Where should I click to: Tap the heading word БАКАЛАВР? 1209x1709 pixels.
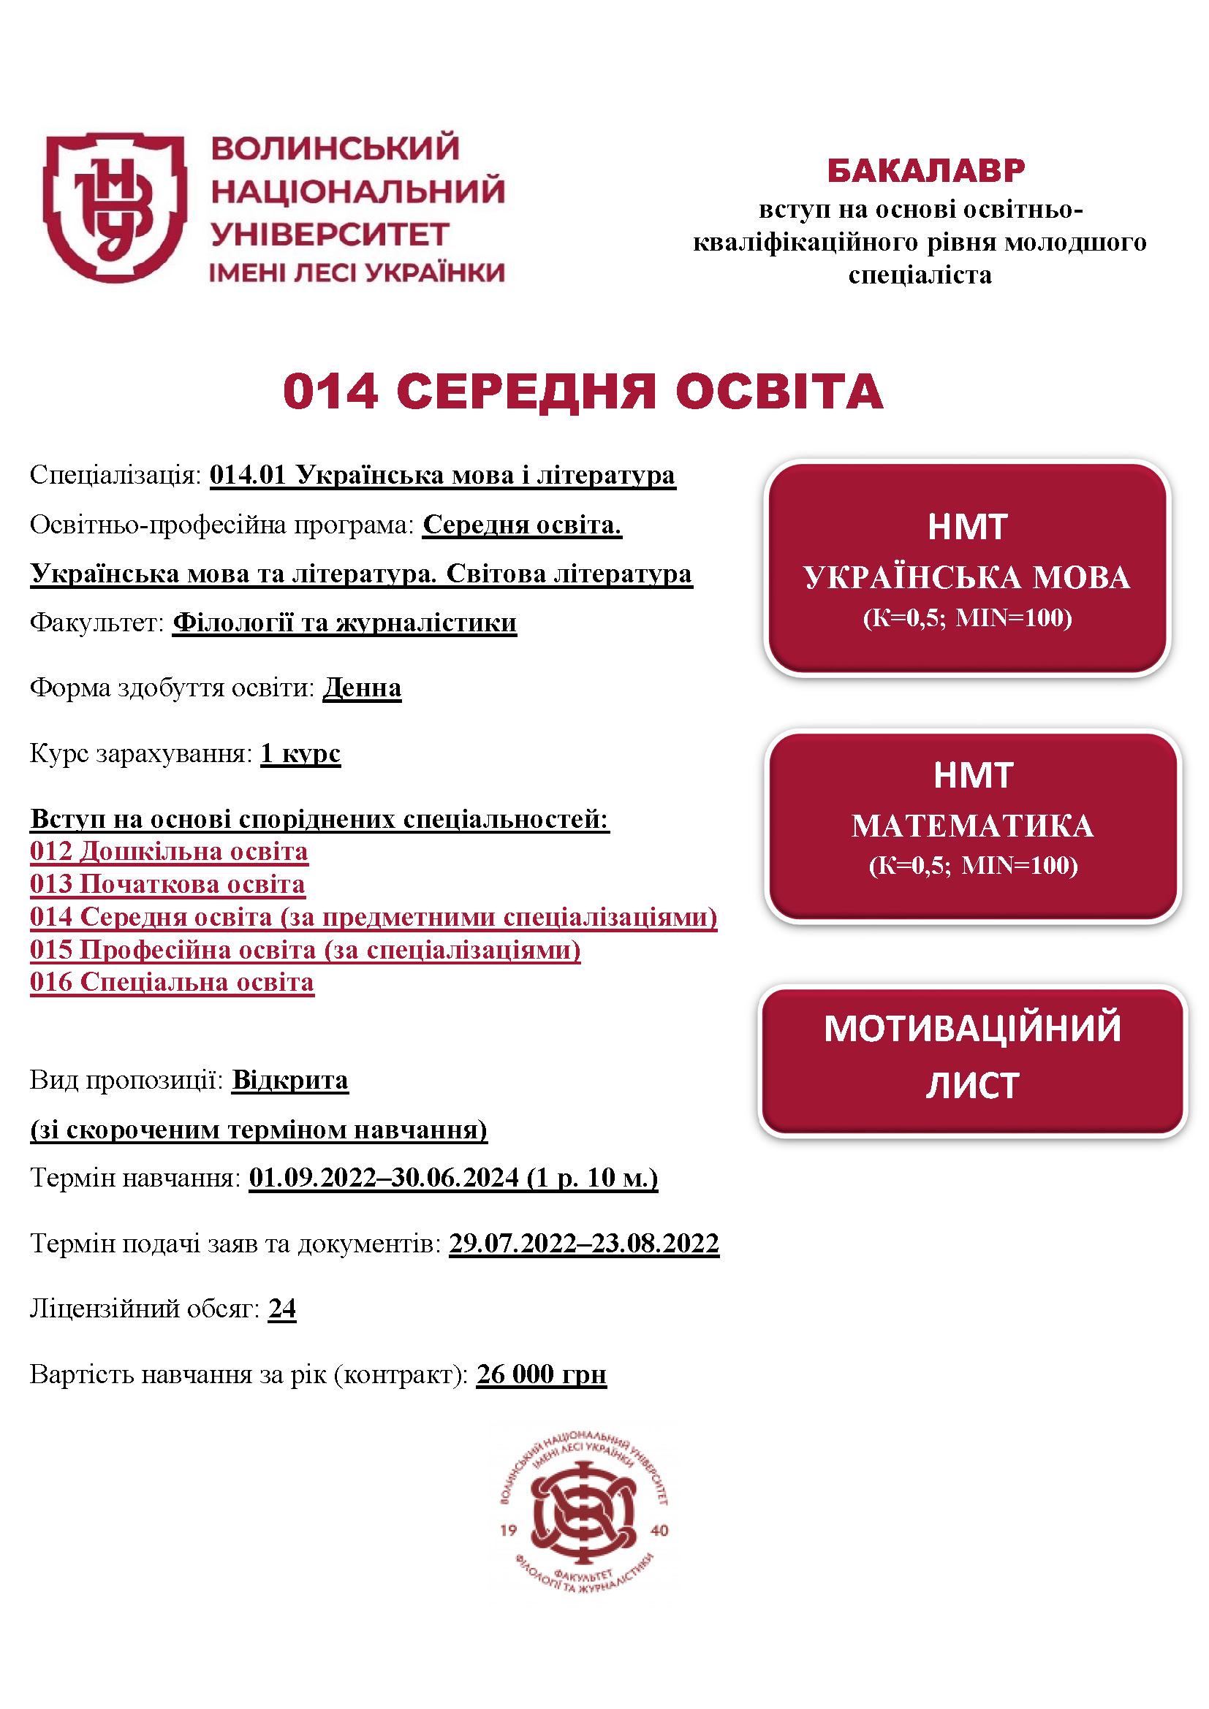tap(925, 171)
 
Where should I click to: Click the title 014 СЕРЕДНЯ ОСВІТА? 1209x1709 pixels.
tap(583, 392)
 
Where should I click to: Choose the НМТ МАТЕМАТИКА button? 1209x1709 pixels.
tap(973, 826)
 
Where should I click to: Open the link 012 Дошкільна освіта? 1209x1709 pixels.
tap(169, 851)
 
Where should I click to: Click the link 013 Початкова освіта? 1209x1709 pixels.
tap(167, 884)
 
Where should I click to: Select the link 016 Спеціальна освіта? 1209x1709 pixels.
tap(172, 983)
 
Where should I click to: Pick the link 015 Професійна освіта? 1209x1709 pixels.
tap(306, 950)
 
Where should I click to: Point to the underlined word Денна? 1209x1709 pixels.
tap(362, 688)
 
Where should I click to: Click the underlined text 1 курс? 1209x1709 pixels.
tap(300, 753)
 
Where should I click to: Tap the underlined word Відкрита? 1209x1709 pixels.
tap(290, 1080)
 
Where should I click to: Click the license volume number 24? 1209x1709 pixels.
tap(282, 1309)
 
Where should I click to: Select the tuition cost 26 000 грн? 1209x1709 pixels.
tap(541, 1374)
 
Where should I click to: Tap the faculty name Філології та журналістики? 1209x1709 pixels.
tap(345, 623)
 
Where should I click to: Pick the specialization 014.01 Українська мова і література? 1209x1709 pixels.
tap(442, 475)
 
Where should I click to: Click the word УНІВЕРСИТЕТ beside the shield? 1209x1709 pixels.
tap(330, 235)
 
